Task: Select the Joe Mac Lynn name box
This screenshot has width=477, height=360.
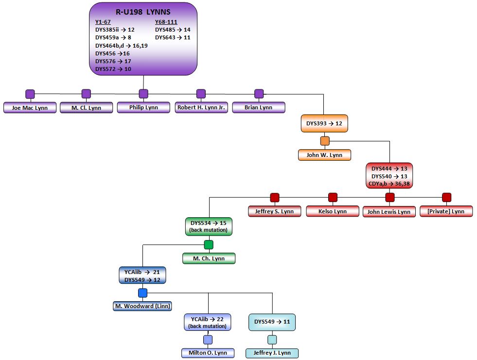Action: pos(30,108)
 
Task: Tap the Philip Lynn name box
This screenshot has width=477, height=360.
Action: pos(143,107)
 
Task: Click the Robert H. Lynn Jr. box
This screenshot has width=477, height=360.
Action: pos(201,107)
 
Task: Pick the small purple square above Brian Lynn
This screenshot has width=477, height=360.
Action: pos(259,93)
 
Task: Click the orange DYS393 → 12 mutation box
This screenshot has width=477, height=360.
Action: pos(324,123)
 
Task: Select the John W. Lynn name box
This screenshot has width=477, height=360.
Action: pos(324,155)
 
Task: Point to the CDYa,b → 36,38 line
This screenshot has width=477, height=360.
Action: pos(389,183)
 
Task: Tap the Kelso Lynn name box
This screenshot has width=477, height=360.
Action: pos(333,211)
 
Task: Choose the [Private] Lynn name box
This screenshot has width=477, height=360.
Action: pos(446,211)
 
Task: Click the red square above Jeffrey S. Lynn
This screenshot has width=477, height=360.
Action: pos(275,197)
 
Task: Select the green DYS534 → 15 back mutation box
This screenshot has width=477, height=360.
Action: pos(209,226)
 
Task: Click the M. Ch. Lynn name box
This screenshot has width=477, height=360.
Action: pos(209,258)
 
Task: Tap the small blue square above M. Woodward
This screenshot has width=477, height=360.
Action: pos(142,292)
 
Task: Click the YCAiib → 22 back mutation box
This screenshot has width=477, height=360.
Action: pos(208,322)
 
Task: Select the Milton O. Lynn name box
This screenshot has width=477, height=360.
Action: pos(208,353)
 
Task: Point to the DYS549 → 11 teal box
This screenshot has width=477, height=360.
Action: pos(272,322)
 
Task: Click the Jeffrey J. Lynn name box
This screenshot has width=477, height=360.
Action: pos(272,353)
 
